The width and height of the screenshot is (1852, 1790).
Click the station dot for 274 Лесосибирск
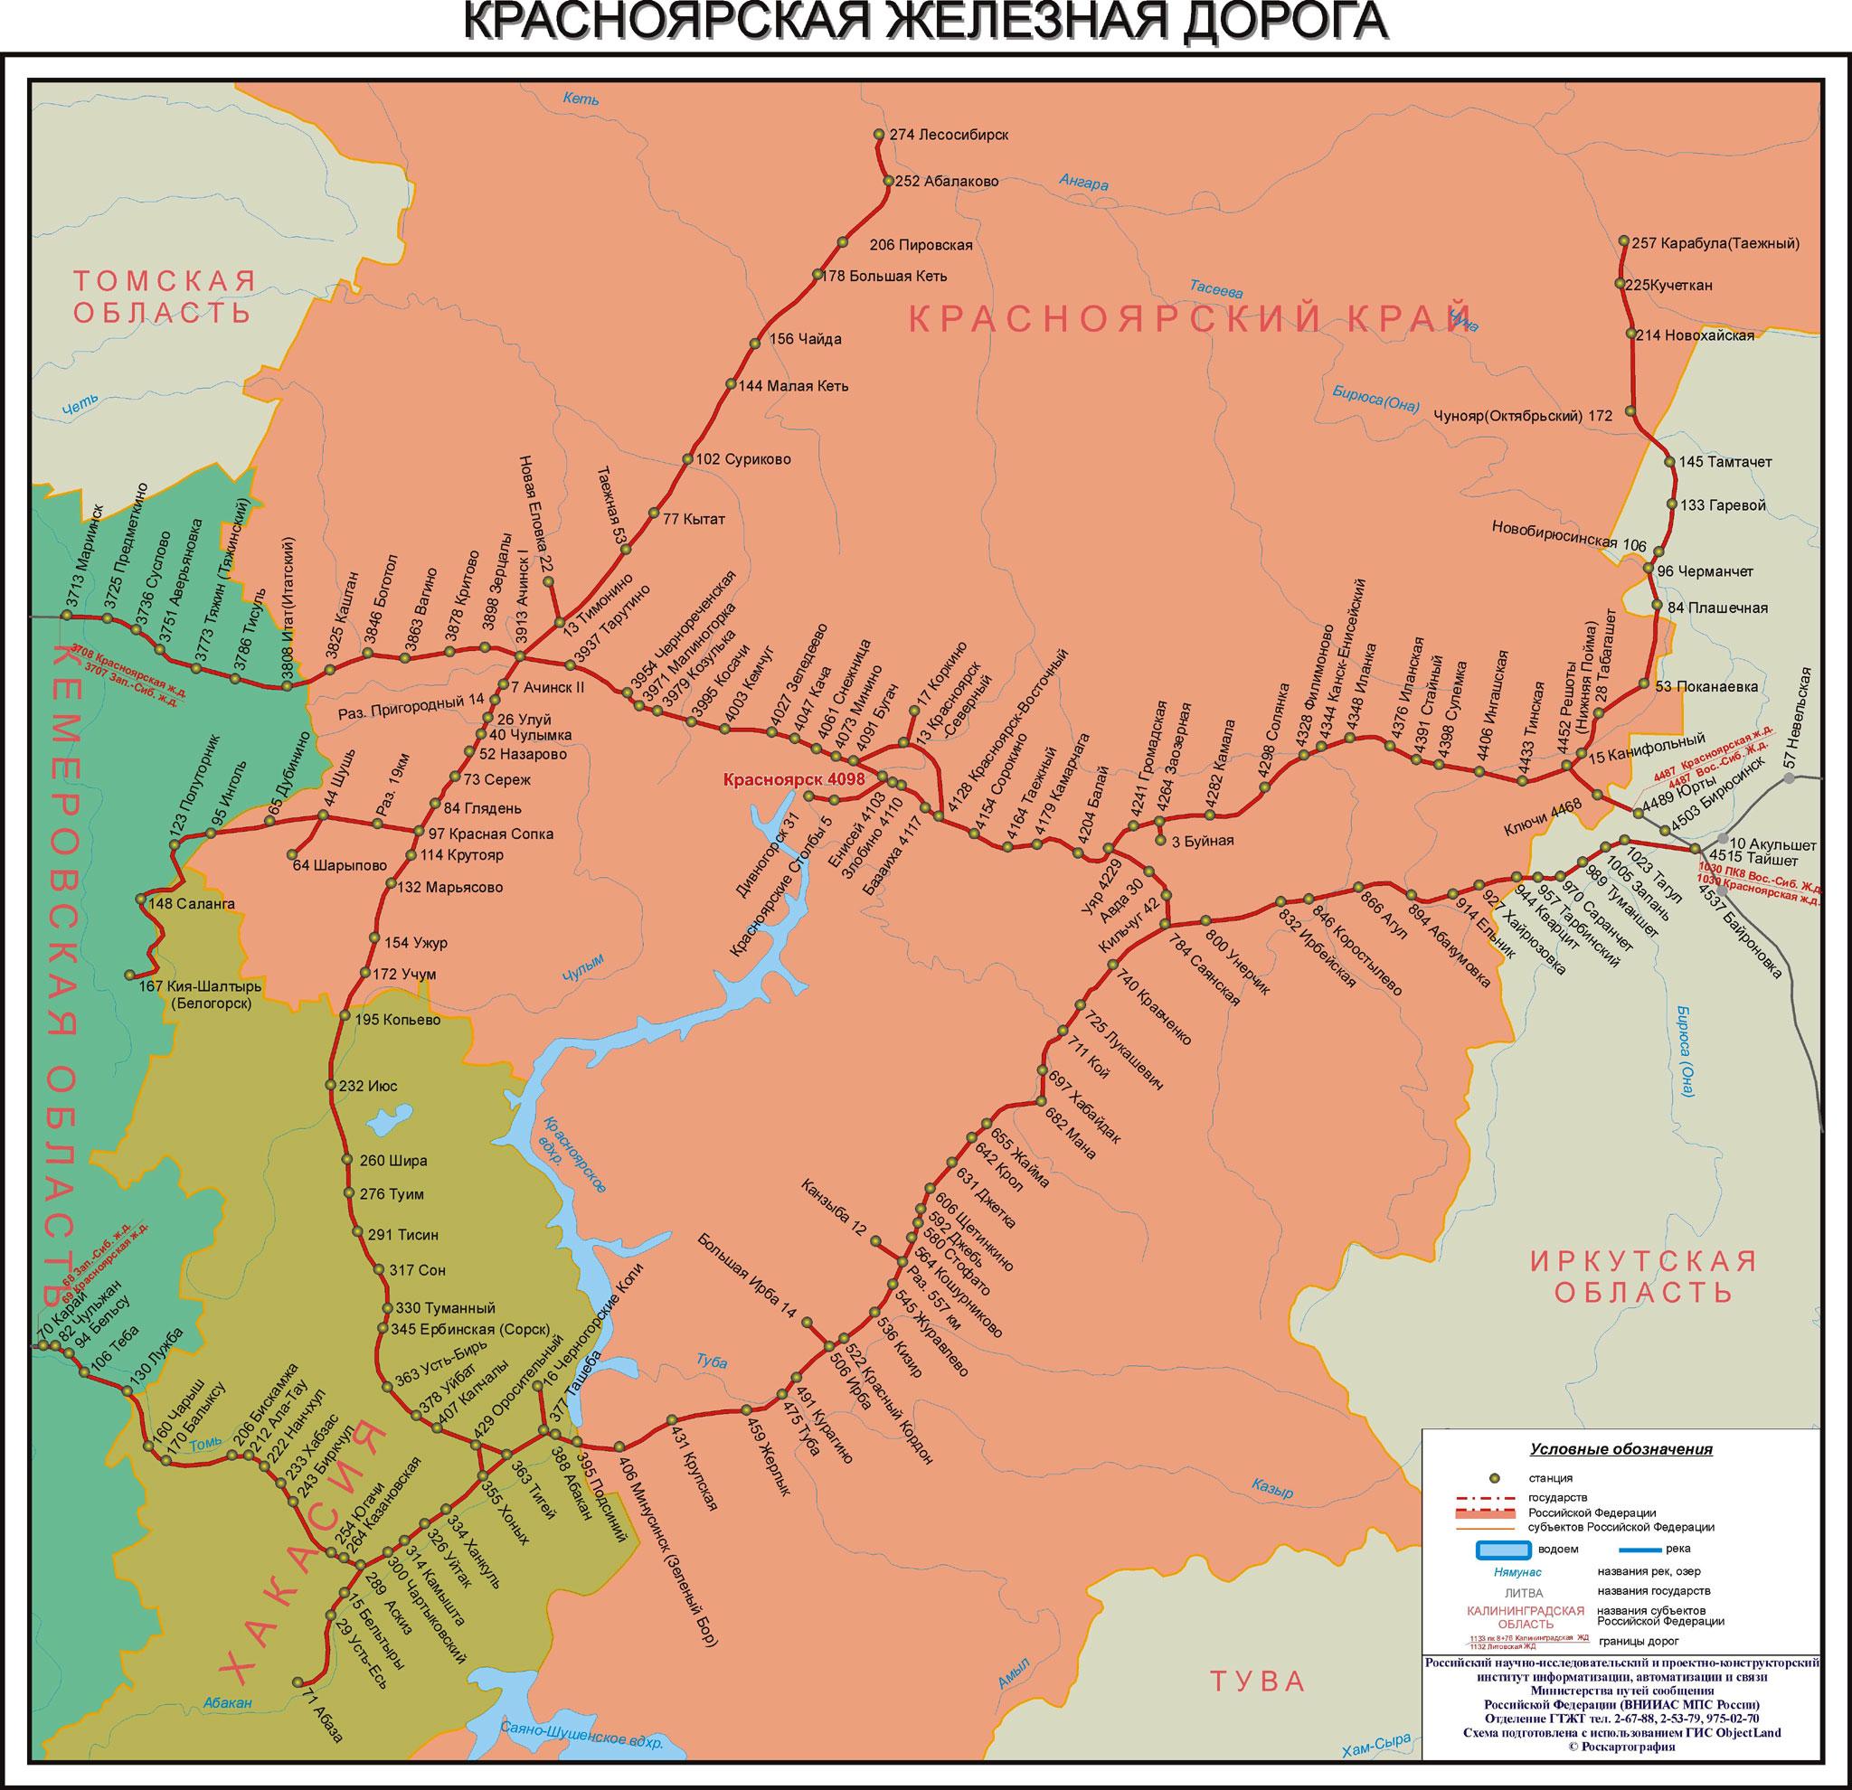(879, 134)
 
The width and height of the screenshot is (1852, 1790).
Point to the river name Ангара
(1082, 184)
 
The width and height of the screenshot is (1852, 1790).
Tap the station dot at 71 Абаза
(299, 1682)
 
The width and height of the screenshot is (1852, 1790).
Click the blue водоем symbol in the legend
(1502, 1550)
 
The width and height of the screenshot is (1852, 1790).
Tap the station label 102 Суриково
(742, 460)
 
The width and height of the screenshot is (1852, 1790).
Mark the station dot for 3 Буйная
(1160, 840)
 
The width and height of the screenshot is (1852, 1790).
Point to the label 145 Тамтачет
(1726, 462)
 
